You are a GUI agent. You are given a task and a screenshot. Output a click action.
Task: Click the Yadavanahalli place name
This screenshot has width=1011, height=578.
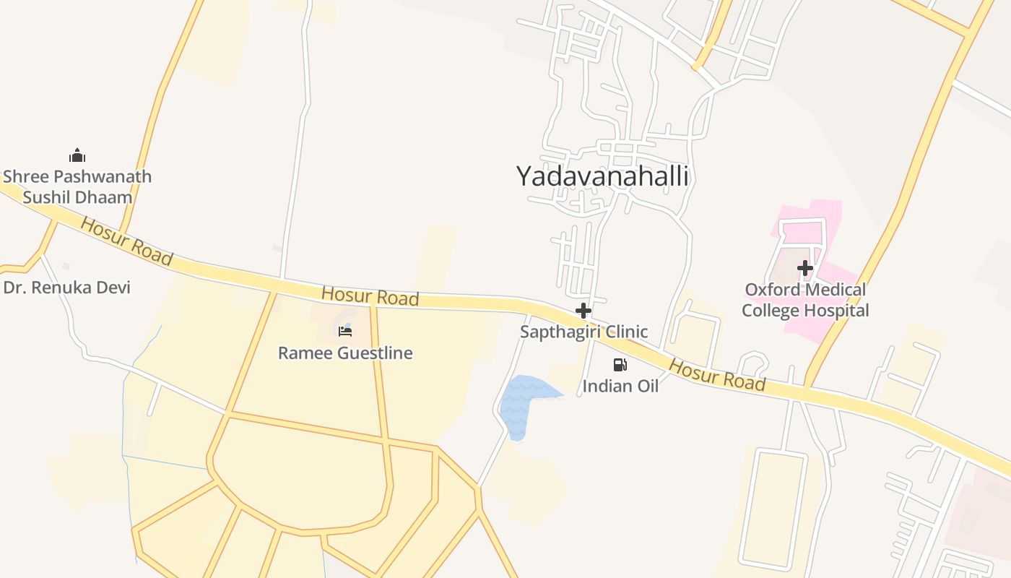click(x=602, y=176)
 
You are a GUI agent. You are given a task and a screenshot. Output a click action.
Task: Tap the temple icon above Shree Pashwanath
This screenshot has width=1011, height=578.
click(x=77, y=155)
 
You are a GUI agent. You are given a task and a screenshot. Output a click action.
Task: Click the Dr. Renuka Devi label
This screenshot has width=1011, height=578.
click(x=67, y=288)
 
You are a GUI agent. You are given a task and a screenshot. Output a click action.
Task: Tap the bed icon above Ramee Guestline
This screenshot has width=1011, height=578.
click(x=345, y=332)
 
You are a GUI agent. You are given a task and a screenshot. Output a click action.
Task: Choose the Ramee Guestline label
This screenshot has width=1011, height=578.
click(x=345, y=353)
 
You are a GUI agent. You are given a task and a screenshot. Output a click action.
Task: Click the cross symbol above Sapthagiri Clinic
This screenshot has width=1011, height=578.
click(x=583, y=311)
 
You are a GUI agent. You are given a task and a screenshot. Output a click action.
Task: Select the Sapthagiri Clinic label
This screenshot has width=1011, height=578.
click(x=583, y=332)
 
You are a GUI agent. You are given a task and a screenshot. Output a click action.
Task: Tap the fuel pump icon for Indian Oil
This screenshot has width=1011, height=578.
click(x=620, y=365)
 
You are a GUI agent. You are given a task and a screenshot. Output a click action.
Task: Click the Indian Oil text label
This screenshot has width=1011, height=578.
click(x=620, y=387)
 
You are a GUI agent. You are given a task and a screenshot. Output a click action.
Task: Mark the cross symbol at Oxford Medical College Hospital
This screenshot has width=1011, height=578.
click(x=805, y=269)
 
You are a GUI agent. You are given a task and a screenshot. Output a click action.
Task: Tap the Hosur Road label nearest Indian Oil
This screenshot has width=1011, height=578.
click(x=716, y=374)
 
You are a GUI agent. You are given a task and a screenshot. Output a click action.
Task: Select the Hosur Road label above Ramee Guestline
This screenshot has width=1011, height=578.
click(x=370, y=296)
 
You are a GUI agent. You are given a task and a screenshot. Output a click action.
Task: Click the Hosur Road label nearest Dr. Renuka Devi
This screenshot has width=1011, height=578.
click(x=126, y=241)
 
